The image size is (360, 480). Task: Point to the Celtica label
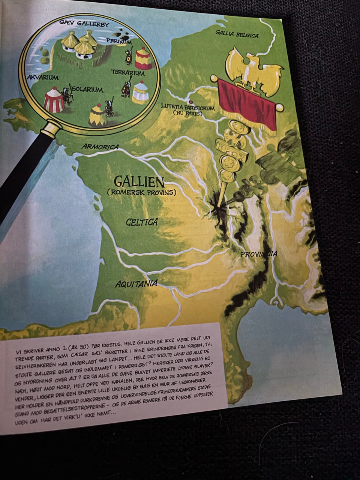click(x=141, y=222)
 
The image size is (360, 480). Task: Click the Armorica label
click(x=100, y=147)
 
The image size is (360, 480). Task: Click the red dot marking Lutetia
click(x=191, y=102)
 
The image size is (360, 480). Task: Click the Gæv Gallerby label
click(x=84, y=24)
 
